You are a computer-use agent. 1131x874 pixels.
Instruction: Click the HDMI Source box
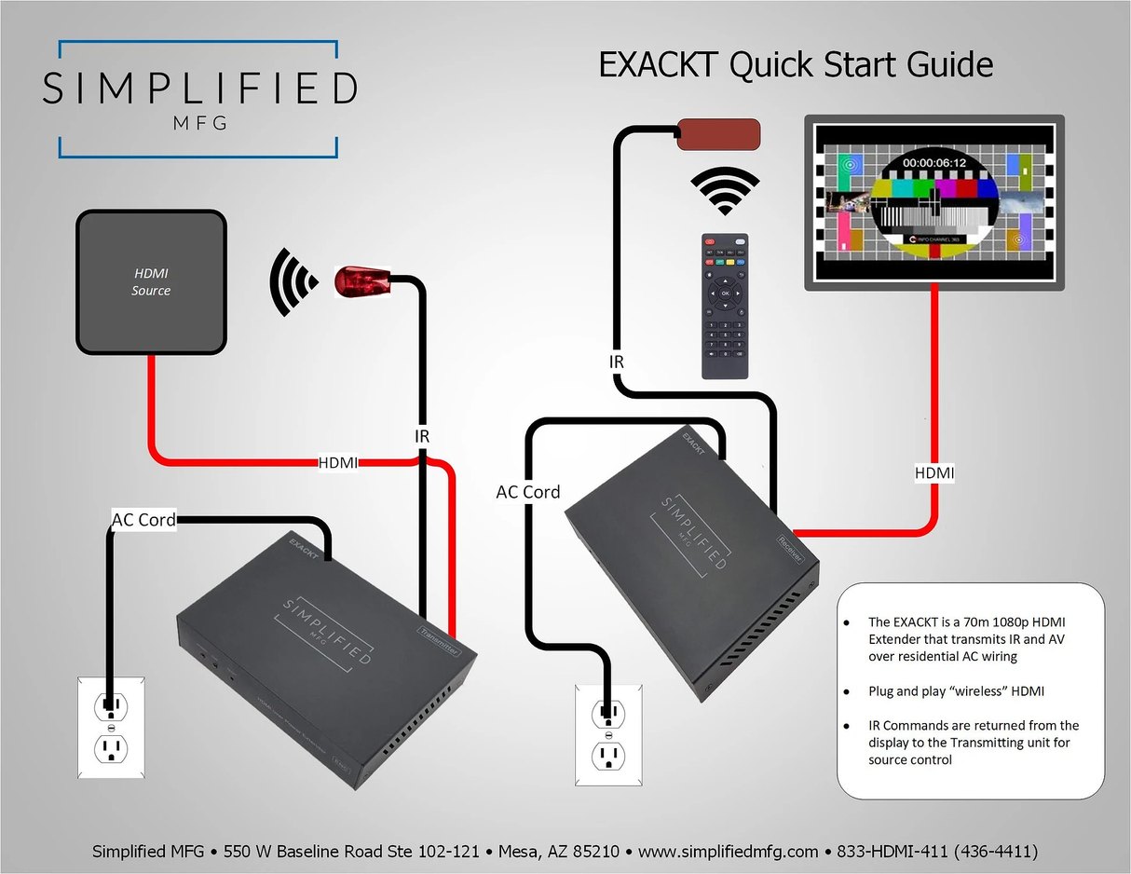click(151, 281)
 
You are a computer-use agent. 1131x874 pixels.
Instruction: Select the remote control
click(725, 306)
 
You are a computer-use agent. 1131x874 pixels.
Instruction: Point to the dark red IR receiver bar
click(718, 134)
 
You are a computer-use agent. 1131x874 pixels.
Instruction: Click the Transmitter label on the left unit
click(437, 642)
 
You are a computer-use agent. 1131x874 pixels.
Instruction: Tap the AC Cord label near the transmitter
click(143, 520)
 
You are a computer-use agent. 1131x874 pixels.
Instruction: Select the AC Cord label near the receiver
click(528, 492)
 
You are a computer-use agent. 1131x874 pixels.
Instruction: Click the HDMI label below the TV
click(934, 473)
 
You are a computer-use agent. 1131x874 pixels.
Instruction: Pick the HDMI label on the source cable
click(338, 462)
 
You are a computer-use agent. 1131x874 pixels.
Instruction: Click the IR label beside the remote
click(616, 362)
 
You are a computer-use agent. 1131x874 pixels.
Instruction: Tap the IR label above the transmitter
click(422, 435)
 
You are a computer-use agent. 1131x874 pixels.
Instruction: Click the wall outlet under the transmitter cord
click(111, 728)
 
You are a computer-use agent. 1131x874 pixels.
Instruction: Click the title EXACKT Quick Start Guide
click(796, 65)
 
